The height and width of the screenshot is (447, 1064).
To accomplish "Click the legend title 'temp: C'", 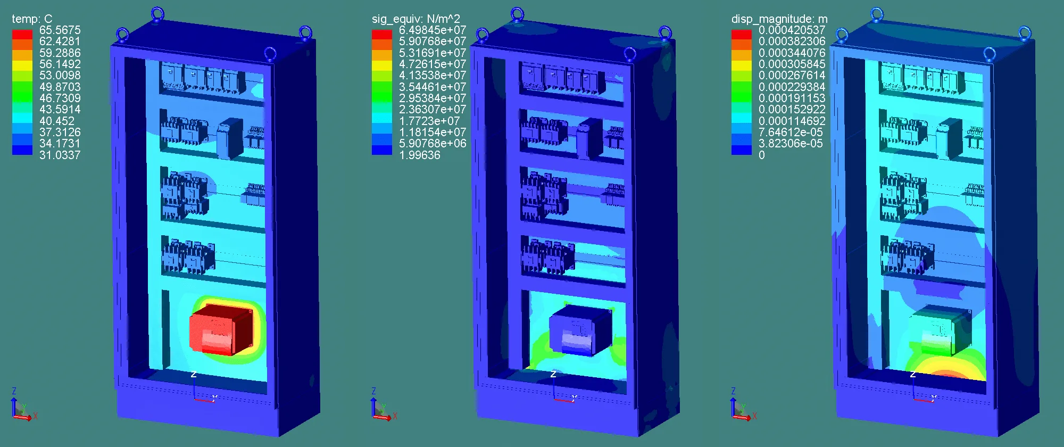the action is (32, 19).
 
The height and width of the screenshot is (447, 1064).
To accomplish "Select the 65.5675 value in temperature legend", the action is (60, 30).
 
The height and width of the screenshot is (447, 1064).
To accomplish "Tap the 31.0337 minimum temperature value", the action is (60, 155).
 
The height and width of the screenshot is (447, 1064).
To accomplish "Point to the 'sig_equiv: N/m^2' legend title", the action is (415, 19).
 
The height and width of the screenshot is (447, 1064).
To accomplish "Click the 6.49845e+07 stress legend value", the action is (433, 30).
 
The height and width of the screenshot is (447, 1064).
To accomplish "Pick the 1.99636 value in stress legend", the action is (420, 155).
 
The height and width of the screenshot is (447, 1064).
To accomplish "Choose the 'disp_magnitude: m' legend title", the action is (779, 19).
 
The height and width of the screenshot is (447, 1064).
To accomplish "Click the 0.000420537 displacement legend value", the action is (792, 30).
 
